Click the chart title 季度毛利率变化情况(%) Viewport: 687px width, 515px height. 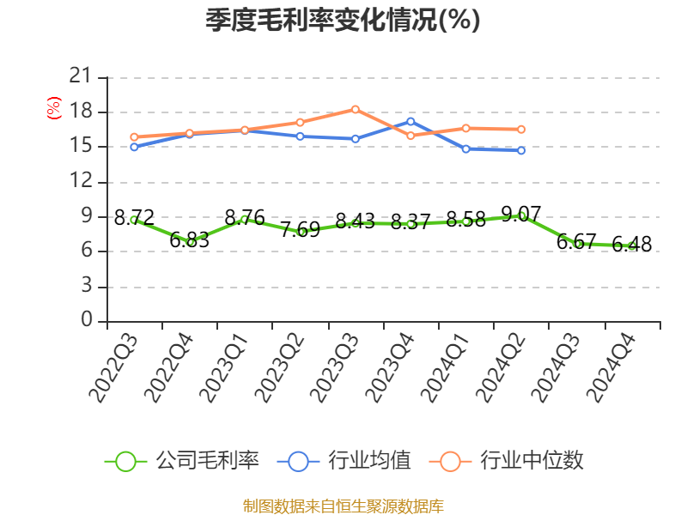343,21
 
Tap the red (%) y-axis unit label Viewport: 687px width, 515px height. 54,109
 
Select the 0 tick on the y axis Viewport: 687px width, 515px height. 86,320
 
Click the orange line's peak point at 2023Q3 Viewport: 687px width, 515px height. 355,109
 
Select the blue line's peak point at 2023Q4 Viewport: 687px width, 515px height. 410,121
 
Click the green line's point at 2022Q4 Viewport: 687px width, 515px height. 190,242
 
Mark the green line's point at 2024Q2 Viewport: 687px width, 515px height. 521,215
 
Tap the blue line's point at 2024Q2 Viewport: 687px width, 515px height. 521,150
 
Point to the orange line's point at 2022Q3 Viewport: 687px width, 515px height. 134,136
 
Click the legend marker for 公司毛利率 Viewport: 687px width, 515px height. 125,461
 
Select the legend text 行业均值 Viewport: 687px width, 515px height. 369,461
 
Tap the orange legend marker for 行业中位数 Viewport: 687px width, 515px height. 449,461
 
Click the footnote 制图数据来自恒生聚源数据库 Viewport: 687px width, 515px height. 343,506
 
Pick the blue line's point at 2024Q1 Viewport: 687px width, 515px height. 465,148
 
